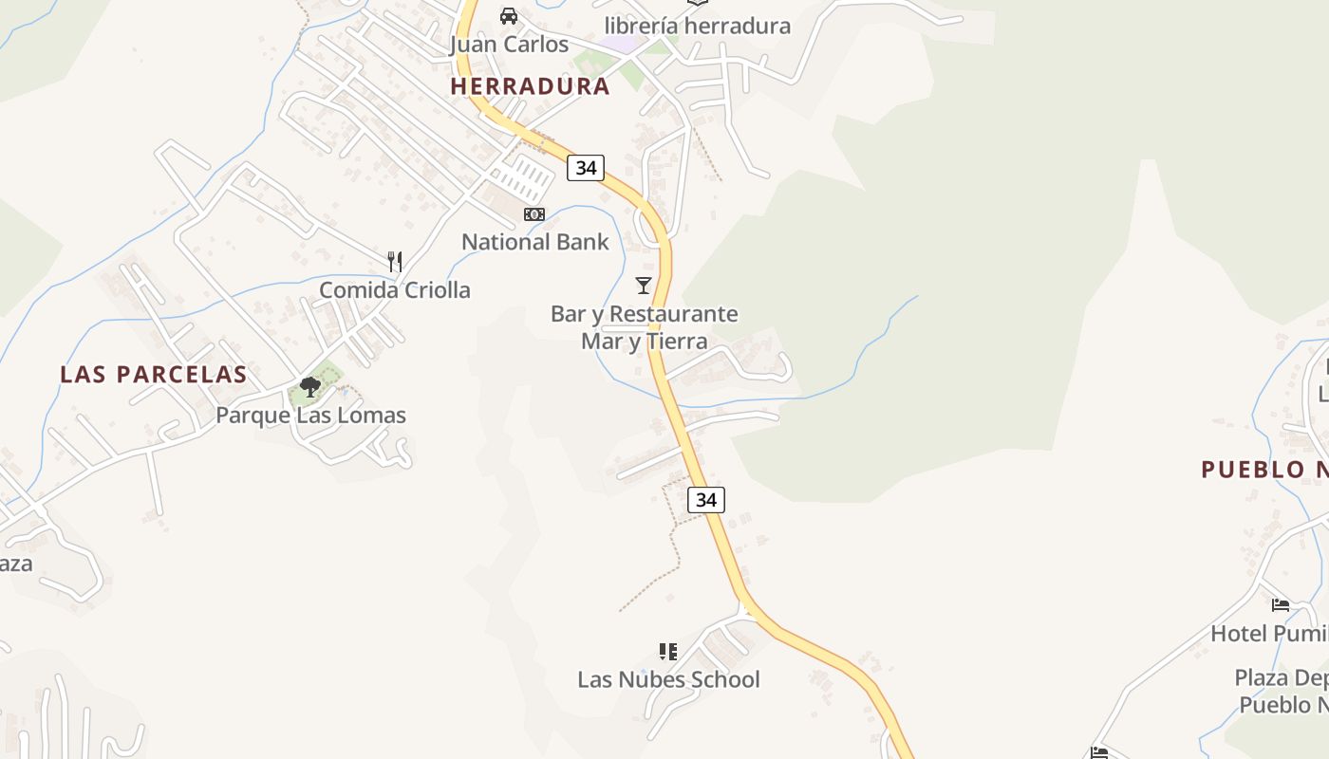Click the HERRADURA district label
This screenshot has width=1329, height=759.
pyautogui.click(x=530, y=86)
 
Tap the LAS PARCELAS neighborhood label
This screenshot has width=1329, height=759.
pyautogui.click(x=154, y=375)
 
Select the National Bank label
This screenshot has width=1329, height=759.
pyautogui.click(x=534, y=242)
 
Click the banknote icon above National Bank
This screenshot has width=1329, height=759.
pyautogui.click(x=534, y=214)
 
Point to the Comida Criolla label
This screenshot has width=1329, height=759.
pyautogui.click(x=394, y=290)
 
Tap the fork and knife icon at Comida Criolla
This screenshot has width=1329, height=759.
pyautogui.click(x=395, y=262)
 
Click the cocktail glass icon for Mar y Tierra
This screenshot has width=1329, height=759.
pyautogui.click(x=644, y=285)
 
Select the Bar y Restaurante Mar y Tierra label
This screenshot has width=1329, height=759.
pyautogui.click(x=644, y=326)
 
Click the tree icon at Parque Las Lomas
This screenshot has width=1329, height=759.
pyautogui.click(x=309, y=386)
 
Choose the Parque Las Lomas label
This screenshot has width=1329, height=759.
pyautogui.click(x=310, y=416)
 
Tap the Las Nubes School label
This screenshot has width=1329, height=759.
pyautogui.click(x=668, y=679)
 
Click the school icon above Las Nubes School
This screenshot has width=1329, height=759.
pyautogui.click(x=668, y=651)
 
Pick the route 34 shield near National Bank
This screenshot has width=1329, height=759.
pyautogui.click(x=586, y=168)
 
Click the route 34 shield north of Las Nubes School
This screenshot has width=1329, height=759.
pyautogui.click(x=705, y=499)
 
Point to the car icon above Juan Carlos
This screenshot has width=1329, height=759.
pyautogui.click(x=509, y=16)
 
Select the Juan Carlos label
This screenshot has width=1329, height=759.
pyautogui.click(x=509, y=45)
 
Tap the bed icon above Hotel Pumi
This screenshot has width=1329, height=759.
pyautogui.click(x=1281, y=604)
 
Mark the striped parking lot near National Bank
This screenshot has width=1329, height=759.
pyautogui.click(x=524, y=178)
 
